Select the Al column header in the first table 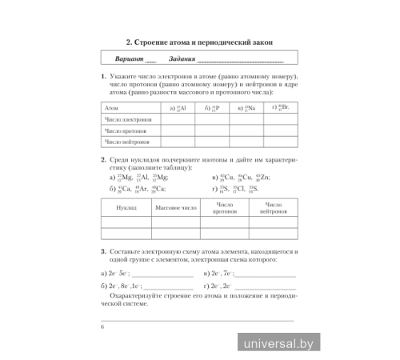[x=179, y=106]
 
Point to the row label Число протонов [x=126, y=130]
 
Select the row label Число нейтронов [x=126, y=141]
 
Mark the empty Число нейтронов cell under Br [x=281, y=141]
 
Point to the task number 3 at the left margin [x=103, y=252]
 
